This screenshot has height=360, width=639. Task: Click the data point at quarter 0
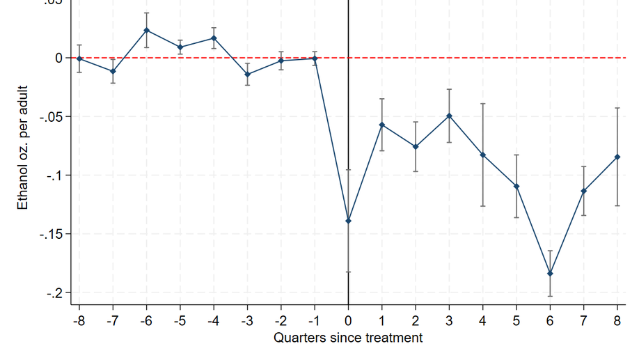348,221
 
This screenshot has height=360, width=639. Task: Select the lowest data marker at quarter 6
550,274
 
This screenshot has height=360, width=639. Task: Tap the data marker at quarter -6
146,31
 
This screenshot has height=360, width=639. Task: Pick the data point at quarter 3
449,116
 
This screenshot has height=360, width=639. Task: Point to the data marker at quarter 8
617,157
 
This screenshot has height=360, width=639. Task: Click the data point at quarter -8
79,59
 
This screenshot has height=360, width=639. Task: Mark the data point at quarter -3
247,75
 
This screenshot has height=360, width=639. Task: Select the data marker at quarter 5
516,187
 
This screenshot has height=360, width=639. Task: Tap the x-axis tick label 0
348,320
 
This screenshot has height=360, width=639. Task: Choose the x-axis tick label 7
583,320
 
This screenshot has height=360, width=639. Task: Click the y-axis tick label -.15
50,234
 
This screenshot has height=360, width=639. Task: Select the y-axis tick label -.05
50,116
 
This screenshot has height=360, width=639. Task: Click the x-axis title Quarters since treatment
348,338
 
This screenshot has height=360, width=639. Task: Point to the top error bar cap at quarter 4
482,104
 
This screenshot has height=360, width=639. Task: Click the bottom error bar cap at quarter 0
348,272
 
